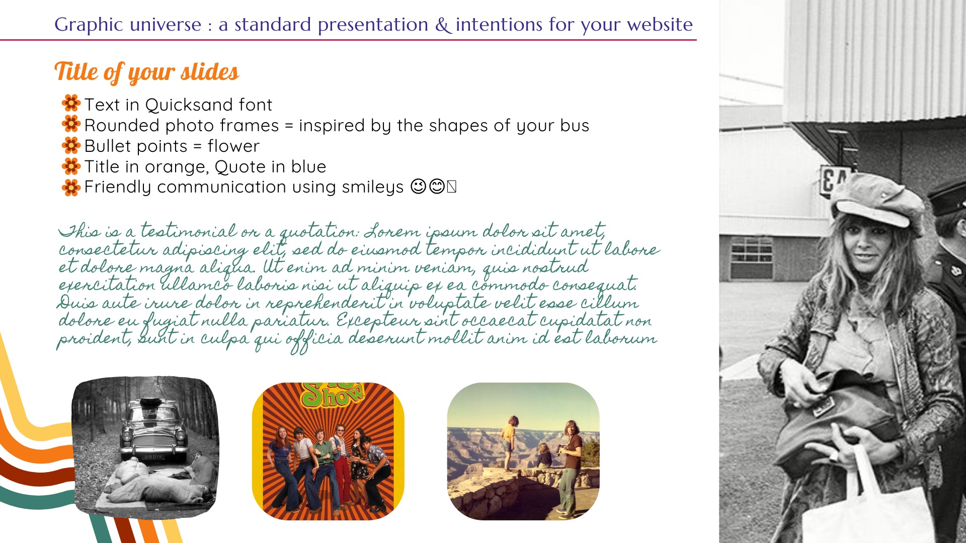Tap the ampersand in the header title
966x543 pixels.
click(x=443, y=25)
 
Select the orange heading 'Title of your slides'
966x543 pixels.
click(x=146, y=72)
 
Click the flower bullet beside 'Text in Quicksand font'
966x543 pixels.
click(x=71, y=103)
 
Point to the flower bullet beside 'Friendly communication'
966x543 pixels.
click(x=71, y=188)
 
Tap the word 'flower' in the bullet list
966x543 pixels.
click(x=233, y=146)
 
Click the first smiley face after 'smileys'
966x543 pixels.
click(x=418, y=187)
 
